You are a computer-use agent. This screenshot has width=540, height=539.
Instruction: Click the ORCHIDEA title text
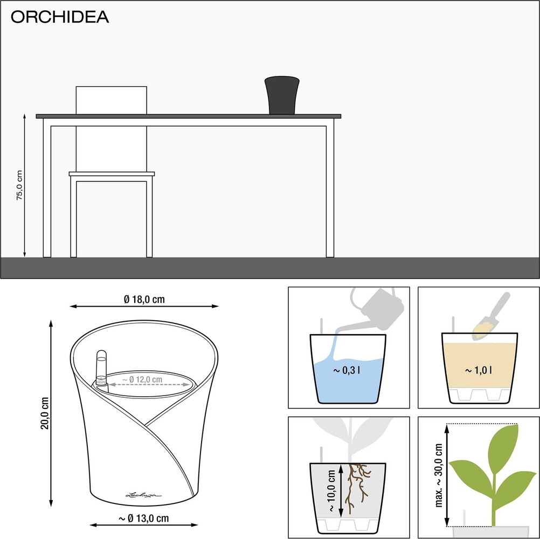pyautogui.click(x=60, y=17)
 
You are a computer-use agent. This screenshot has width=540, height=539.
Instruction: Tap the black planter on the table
pyautogui.click(x=282, y=95)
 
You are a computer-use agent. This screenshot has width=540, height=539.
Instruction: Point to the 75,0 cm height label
pyautogui.click(x=19, y=185)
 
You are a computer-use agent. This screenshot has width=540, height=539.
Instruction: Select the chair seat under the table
pyautogui.click(x=112, y=174)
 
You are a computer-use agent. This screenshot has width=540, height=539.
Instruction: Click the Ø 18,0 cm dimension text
pyautogui.click(x=144, y=299)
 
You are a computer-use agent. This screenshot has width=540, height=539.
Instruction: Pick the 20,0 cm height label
pyautogui.click(x=45, y=413)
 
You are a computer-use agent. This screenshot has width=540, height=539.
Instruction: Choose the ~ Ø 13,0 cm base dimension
pyautogui.click(x=143, y=519)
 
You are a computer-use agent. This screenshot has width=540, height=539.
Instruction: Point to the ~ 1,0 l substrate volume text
pyautogui.click(x=479, y=370)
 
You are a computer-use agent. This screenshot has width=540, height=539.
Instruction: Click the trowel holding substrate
pyautogui.click(x=490, y=319)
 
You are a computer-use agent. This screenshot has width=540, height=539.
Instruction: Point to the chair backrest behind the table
pyautogui.click(x=112, y=100)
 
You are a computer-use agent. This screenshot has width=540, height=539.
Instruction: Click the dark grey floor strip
pyautogui.click(x=269, y=267)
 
